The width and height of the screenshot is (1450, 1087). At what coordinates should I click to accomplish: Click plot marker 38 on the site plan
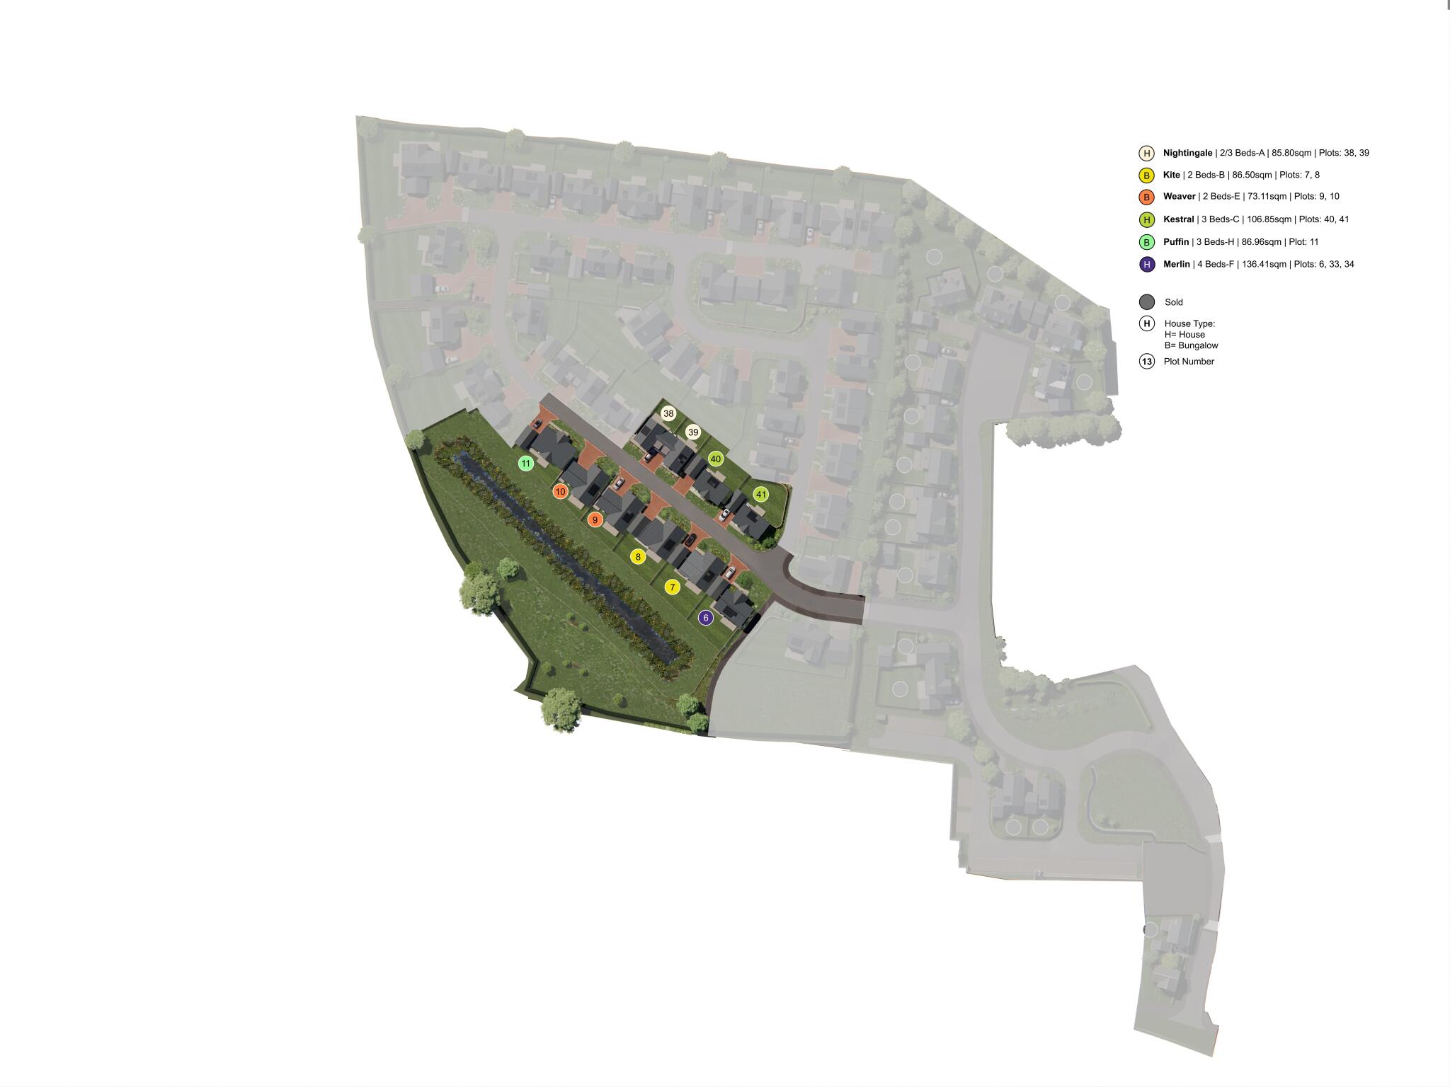click(x=668, y=413)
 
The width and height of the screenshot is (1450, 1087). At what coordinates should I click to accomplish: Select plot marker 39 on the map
click(x=693, y=432)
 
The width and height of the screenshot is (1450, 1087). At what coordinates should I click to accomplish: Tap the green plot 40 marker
click(x=716, y=459)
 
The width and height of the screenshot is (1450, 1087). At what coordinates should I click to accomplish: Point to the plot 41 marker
click(x=761, y=495)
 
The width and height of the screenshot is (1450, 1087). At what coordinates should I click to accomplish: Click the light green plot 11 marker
click(x=525, y=464)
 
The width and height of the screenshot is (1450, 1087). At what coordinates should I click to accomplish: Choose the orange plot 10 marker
click(x=561, y=491)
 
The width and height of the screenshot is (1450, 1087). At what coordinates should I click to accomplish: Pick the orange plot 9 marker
click(x=595, y=520)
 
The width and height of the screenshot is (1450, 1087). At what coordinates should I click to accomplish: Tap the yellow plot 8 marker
click(x=638, y=557)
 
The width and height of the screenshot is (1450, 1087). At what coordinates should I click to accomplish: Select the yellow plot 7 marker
click(x=673, y=587)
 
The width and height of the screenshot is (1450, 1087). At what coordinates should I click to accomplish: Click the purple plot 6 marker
click(x=705, y=618)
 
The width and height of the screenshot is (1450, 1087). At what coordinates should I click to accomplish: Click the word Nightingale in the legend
click(x=1187, y=153)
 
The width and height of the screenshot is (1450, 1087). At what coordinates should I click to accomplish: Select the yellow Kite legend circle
click(x=1147, y=176)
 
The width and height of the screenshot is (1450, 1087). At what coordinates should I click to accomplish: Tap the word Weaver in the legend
click(x=1179, y=197)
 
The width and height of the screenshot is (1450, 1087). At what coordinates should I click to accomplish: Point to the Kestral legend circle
click(x=1147, y=220)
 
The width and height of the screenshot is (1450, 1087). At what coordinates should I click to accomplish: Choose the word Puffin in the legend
click(x=1175, y=242)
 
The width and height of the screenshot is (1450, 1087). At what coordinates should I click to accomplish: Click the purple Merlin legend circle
click(x=1147, y=265)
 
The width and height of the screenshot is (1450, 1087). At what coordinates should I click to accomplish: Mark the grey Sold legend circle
click(x=1147, y=302)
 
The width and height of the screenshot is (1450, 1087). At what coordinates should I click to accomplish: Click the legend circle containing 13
click(x=1147, y=362)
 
